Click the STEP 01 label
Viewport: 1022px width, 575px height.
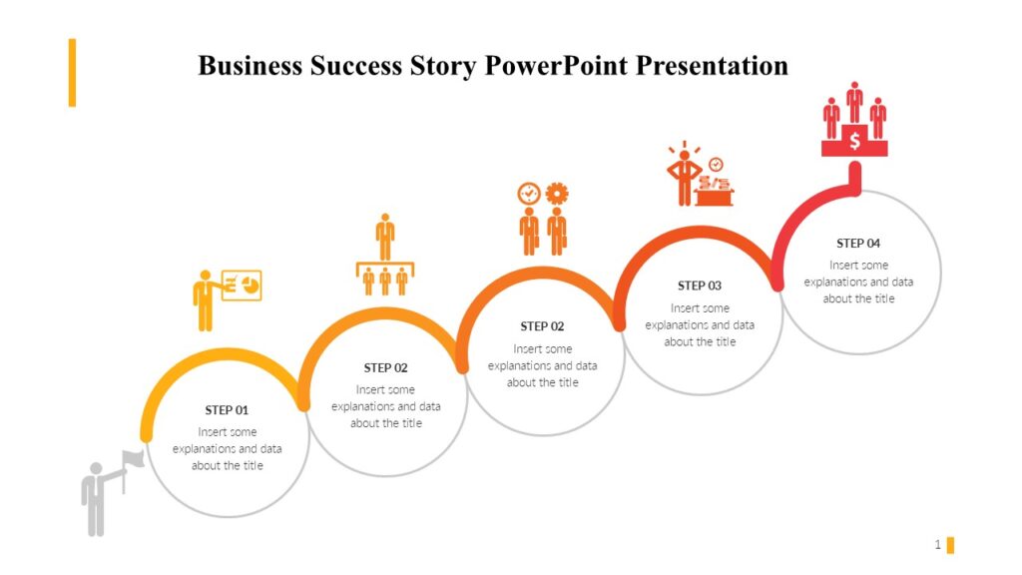point(227,410)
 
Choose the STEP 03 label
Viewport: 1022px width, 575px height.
point(699,286)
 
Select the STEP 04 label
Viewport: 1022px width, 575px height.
point(858,244)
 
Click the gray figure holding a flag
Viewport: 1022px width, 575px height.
point(96,499)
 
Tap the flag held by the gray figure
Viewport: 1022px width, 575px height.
point(134,459)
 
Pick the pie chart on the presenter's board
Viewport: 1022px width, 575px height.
point(250,286)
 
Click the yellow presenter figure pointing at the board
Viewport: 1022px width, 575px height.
point(205,299)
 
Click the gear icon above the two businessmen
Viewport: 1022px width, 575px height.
point(557,193)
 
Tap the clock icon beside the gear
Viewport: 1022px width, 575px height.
point(528,193)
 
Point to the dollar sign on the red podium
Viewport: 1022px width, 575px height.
point(854,142)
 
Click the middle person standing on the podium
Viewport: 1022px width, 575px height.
point(854,103)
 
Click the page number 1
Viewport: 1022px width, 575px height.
point(937,544)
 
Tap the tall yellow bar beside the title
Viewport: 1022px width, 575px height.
point(72,72)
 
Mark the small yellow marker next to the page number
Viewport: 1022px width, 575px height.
point(950,544)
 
